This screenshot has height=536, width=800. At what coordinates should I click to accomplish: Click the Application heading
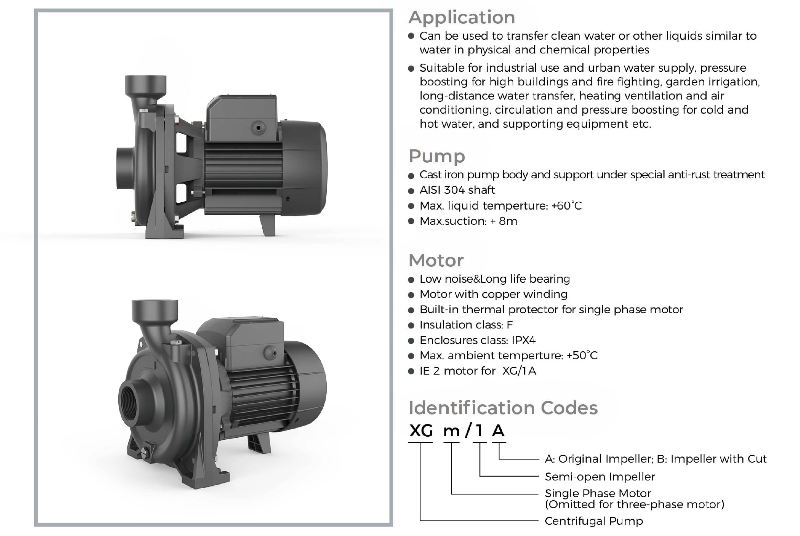coord(461,18)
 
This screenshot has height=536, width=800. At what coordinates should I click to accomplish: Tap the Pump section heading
coord(437,156)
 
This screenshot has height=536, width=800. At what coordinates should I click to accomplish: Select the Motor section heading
coord(436,260)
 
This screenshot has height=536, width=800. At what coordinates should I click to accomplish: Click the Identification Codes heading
coord(503,408)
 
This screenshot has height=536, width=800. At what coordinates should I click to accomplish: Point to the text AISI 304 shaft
coord(457,190)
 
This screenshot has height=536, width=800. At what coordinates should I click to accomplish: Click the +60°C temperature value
coord(567,206)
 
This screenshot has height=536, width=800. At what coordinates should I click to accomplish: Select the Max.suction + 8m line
coord(468,221)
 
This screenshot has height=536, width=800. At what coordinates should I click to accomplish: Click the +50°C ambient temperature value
coord(582,356)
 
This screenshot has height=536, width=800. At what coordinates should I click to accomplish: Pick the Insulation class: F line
coord(466,325)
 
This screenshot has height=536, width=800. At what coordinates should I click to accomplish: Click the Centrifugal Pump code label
coord(594,521)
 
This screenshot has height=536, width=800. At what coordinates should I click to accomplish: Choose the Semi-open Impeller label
coord(600,477)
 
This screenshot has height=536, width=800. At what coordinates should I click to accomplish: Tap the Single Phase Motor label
coord(598,494)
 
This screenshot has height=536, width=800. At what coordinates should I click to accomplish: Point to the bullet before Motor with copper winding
coord(411,295)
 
